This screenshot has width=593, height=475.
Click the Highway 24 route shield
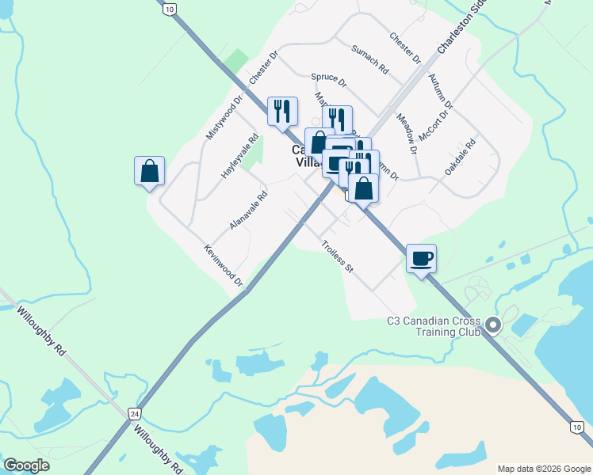pos(136,413)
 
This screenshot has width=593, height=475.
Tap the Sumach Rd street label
pos(371,59)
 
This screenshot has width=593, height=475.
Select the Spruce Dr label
pos(328,81)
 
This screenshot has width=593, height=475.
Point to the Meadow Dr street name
pos(407,132)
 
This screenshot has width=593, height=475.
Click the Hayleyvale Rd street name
pos(240,154)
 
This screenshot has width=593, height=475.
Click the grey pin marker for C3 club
pos(493,325)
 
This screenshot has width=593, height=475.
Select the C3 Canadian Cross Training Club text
pos(434,326)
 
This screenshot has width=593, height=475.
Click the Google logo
pos(26,465)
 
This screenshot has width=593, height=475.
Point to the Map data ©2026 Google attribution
pos(543,469)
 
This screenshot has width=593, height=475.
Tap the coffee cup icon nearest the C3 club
pos(421,257)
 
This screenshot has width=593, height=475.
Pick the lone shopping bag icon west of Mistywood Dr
pos(149,170)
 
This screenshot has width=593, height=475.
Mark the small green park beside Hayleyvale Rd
pos(251,155)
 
